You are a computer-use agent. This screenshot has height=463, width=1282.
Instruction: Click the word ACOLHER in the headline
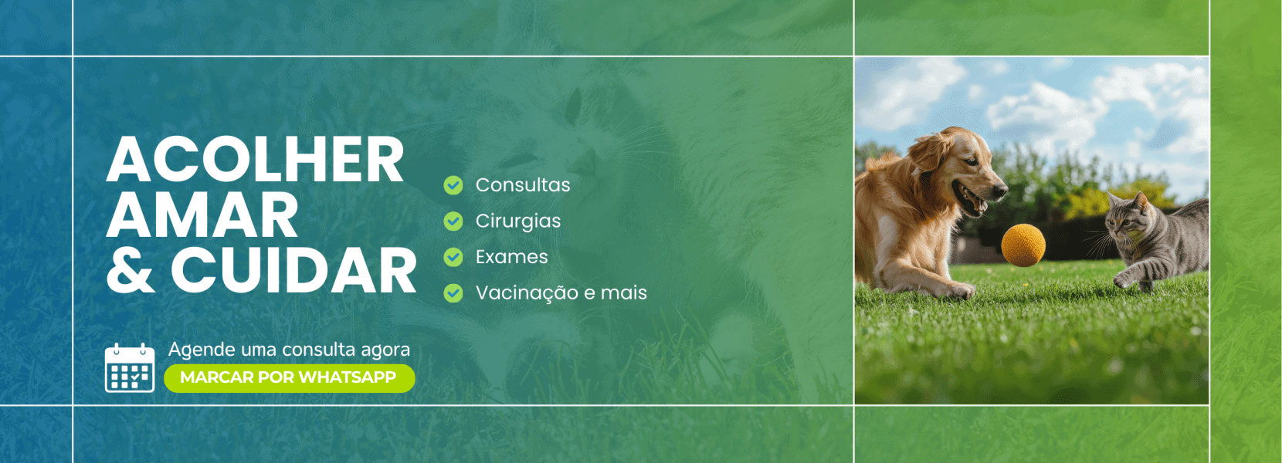click(x=255, y=161)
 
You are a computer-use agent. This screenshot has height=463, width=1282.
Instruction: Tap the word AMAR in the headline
click(x=202, y=216)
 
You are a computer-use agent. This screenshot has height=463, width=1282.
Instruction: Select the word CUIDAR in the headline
click(x=293, y=272)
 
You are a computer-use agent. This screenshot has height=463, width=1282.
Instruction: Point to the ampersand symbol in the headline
click(x=131, y=272)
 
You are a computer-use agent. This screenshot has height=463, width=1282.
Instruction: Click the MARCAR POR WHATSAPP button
click(x=289, y=377)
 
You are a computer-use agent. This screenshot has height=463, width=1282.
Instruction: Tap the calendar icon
click(x=130, y=368)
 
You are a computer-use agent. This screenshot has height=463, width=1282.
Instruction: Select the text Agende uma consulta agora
click(x=289, y=350)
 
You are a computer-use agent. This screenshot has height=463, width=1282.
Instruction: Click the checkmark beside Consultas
click(x=453, y=185)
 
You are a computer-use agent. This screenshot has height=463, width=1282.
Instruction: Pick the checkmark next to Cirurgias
click(x=453, y=221)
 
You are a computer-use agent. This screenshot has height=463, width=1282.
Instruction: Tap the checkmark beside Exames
click(x=453, y=257)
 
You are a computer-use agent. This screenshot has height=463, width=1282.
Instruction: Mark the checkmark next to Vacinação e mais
click(x=453, y=293)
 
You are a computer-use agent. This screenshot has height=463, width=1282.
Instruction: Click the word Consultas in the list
click(x=523, y=185)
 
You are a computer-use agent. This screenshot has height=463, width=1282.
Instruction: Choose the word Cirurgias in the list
click(x=518, y=221)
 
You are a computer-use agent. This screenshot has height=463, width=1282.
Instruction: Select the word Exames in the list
click(x=512, y=257)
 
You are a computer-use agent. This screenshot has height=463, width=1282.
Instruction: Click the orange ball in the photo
click(x=1023, y=245)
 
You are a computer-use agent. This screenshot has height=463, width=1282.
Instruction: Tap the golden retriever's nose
click(x=1002, y=188)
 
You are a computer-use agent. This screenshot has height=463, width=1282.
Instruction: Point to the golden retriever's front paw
click(x=958, y=290)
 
